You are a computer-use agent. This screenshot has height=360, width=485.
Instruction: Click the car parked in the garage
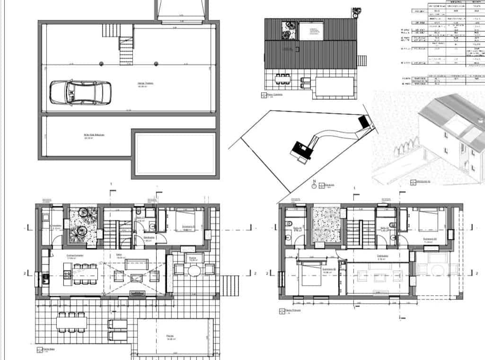80,92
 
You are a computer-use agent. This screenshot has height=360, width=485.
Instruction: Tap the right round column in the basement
157,63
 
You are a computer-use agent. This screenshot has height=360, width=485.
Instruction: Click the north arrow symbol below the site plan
314,186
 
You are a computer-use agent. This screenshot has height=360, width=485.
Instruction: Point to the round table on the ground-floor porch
194,270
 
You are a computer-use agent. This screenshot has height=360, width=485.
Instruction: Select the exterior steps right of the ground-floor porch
233,284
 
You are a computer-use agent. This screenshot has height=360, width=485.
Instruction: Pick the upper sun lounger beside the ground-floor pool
117,325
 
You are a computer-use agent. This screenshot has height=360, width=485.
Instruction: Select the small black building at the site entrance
364,121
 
